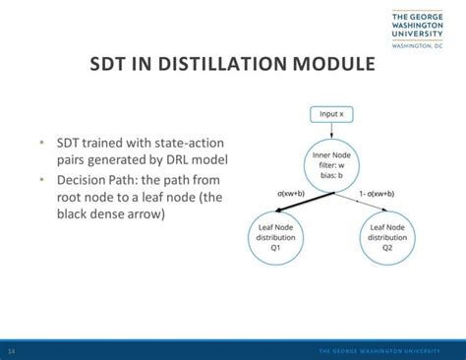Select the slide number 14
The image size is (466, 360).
tap(12, 351)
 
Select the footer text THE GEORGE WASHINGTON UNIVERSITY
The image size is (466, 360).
tap(383, 351)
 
